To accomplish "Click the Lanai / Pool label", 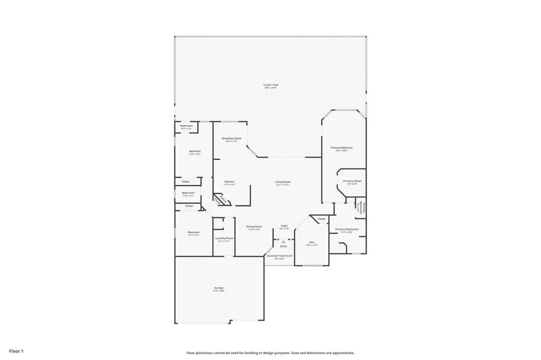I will tap(271, 84).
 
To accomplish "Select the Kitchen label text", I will tap(229, 182).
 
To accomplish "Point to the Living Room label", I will tap(283, 182).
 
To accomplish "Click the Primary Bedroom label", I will tap(341, 147).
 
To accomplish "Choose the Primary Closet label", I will tap(352, 181).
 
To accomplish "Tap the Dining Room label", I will tap(254, 226).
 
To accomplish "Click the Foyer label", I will tap(284, 225).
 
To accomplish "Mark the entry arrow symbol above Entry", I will tap(284, 242).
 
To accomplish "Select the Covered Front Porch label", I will tap(279, 255).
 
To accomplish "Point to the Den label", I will tap(312, 242).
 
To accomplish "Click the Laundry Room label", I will tap(224, 238).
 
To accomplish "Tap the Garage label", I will tap(219, 288).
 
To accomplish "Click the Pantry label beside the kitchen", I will tap(222, 200).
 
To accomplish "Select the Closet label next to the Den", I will tap(321, 219).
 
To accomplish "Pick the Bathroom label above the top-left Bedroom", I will tap(186, 126).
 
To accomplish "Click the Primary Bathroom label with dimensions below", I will tap(347, 229).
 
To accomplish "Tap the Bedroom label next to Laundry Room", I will tap(193, 232).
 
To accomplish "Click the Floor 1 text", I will tap(16, 350).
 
